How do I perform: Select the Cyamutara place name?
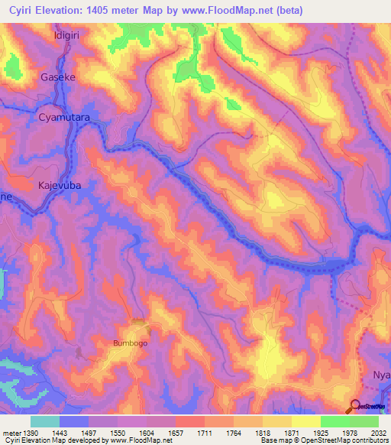tap(64, 119)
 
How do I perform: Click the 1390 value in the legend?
tap(31, 433)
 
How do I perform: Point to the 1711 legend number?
tap(205, 433)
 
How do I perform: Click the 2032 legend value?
tap(378, 433)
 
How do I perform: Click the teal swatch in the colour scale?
tap(45, 421)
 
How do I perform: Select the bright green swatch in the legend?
tap(334, 421)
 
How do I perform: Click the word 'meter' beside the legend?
tap(11, 433)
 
